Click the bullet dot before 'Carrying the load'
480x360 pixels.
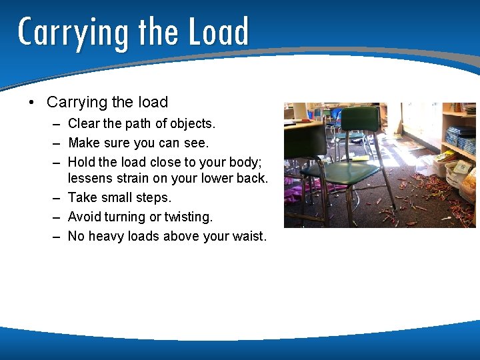click(31, 103)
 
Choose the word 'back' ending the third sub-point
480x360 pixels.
click(250, 179)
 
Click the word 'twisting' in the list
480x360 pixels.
click(188, 217)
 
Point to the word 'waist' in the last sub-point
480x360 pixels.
click(247, 236)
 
